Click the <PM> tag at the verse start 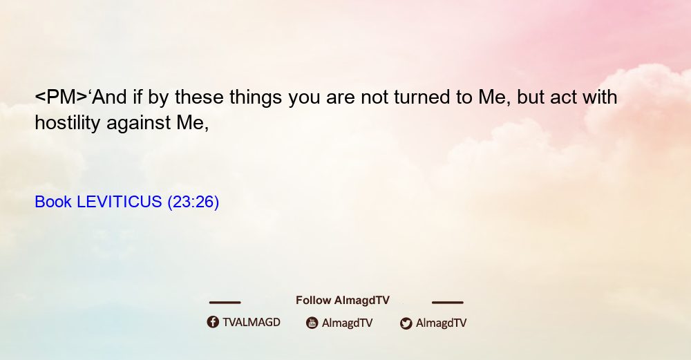61,97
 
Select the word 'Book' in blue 53,202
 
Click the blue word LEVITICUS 120,202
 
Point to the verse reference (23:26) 193,202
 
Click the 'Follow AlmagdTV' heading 343,301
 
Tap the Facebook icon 213,322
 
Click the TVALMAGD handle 252,323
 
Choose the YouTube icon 312,323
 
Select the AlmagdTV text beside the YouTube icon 348,323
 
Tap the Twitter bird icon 406,323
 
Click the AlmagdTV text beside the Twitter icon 441,323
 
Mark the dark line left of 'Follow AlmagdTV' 225,303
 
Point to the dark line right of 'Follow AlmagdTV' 448,303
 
